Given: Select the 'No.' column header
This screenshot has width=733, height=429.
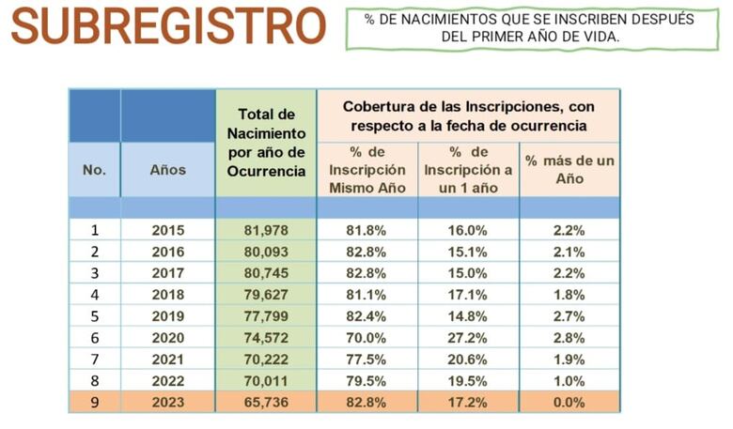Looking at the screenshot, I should pyautogui.click(x=94, y=170).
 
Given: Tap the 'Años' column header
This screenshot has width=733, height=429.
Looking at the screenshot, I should pyautogui.click(x=168, y=170).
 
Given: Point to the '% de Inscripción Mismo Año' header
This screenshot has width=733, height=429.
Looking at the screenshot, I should pyautogui.click(x=366, y=170).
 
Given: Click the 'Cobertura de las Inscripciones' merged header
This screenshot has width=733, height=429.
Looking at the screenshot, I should pyautogui.click(x=468, y=115).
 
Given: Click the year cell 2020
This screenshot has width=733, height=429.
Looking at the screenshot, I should pyautogui.click(x=168, y=337).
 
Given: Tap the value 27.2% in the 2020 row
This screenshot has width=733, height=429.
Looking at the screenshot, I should pyautogui.click(x=468, y=337).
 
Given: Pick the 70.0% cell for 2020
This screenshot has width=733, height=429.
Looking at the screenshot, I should pyautogui.click(x=366, y=337).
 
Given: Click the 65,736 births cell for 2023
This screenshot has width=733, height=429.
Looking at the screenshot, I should pyautogui.click(x=266, y=402).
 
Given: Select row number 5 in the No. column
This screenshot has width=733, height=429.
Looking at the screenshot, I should pyautogui.click(x=94, y=315).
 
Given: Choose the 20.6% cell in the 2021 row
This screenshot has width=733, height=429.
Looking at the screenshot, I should pyautogui.click(x=468, y=359).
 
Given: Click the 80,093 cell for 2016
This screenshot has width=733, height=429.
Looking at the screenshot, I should pyautogui.click(x=266, y=252).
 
